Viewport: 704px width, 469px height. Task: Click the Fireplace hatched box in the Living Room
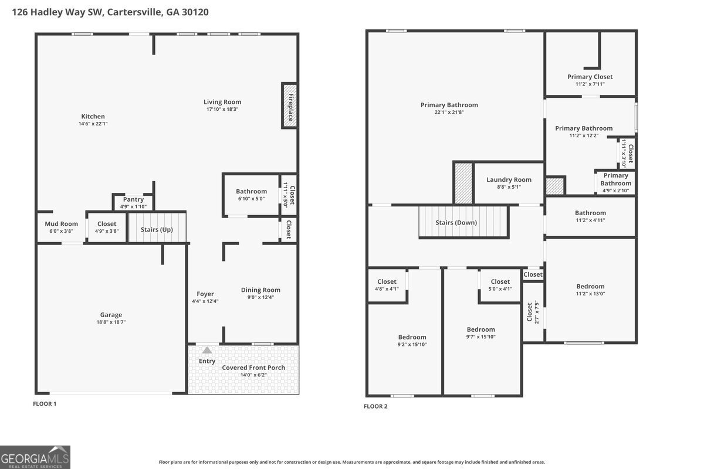[x=290, y=106]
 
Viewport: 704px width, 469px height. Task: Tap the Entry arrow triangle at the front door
[x=207, y=350]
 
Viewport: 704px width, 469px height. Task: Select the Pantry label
[x=133, y=199]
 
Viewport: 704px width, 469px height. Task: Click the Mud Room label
[x=61, y=224]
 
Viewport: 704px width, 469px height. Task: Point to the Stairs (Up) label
[x=157, y=230]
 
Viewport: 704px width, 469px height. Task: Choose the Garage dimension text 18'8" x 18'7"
[x=111, y=322]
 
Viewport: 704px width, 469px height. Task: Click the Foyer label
[x=205, y=294]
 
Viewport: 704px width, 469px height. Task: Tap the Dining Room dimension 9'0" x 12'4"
[x=260, y=297]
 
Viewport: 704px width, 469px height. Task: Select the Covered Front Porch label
[x=253, y=368]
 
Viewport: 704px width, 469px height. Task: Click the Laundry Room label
[x=509, y=179]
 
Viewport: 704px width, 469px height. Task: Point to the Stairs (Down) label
[x=456, y=223]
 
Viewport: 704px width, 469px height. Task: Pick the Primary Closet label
[x=590, y=77]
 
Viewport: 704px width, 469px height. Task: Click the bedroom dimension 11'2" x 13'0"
[x=590, y=294]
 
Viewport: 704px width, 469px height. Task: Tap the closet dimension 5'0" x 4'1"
[x=500, y=288]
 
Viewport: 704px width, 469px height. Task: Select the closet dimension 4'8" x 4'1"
[x=387, y=288]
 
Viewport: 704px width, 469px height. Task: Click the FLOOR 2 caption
[x=375, y=406]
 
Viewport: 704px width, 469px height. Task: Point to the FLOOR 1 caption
[x=45, y=404]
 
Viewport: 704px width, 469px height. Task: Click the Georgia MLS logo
[x=35, y=457]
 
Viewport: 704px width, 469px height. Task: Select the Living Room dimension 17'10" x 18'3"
[x=222, y=109]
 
